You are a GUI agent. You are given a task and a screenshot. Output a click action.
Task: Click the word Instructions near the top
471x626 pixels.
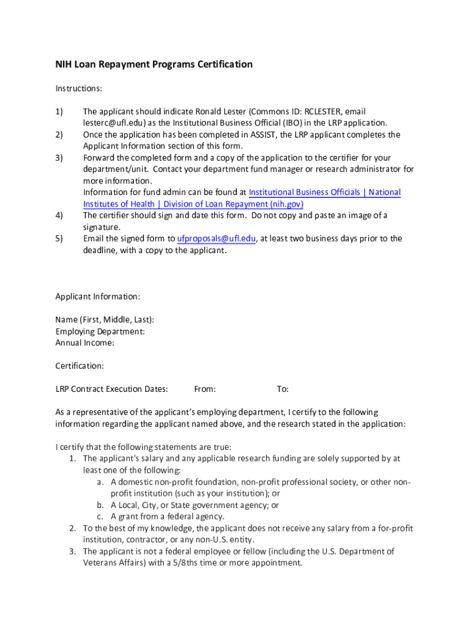(x=78, y=89)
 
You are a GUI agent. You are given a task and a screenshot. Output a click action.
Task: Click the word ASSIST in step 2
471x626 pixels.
(x=261, y=134)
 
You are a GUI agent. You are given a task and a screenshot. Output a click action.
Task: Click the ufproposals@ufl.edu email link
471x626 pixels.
(x=216, y=238)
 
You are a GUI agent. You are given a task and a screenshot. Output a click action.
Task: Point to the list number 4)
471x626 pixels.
(x=59, y=215)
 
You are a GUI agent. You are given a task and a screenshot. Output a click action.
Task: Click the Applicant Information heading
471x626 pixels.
(x=98, y=296)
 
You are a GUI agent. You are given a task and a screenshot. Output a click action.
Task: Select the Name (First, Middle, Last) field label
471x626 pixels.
(x=105, y=320)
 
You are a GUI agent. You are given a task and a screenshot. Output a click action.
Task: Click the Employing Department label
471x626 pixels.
(x=100, y=331)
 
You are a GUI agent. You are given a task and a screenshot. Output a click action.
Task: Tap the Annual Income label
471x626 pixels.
(x=85, y=343)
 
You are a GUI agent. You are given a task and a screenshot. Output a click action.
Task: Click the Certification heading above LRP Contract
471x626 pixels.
(x=80, y=366)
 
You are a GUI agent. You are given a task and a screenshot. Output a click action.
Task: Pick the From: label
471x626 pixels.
(x=205, y=389)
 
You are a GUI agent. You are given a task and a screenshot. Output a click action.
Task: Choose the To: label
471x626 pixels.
(x=283, y=389)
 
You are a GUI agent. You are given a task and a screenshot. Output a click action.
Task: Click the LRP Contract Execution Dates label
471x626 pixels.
(x=111, y=389)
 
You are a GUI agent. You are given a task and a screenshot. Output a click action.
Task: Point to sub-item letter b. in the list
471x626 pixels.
(x=100, y=506)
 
